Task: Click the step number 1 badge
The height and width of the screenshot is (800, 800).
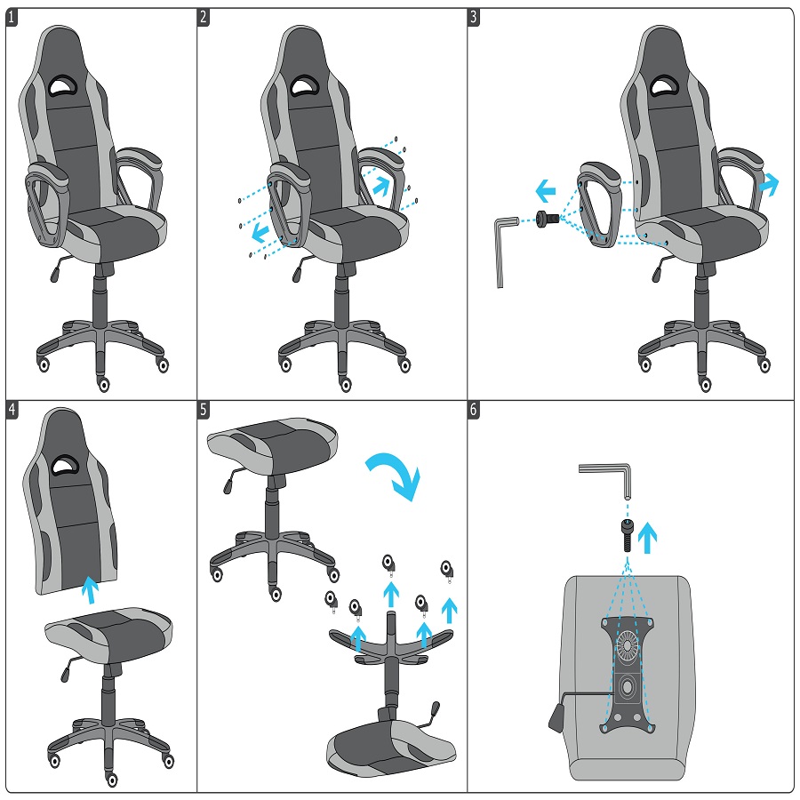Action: (12, 17)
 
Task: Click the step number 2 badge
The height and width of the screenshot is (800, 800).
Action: (204, 17)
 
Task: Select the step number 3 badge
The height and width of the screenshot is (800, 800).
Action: (475, 17)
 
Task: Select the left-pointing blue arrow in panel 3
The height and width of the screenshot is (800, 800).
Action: (544, 189)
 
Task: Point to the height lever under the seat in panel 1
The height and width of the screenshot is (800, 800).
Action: (61, 265)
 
